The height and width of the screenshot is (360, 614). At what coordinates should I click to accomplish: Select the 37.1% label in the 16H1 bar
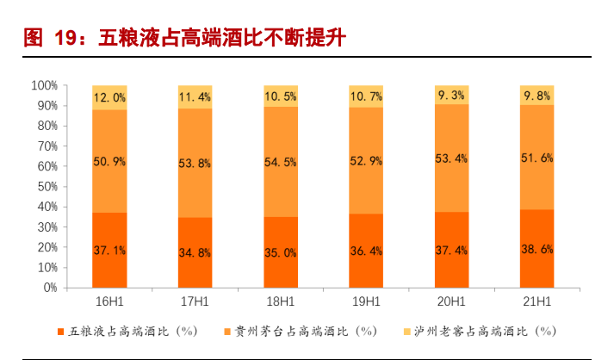click(x=109, y=250)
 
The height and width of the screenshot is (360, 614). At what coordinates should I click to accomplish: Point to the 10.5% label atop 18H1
click(x=282, y=96)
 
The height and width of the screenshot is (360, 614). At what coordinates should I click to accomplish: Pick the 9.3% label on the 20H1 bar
click(x=452, y=96)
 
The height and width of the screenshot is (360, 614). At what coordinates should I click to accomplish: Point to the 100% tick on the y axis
click(x=44, y=85)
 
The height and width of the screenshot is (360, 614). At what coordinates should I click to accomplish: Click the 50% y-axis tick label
click(x=47, y=187)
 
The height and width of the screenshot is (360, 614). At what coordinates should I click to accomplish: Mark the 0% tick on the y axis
click(x=50, y=288)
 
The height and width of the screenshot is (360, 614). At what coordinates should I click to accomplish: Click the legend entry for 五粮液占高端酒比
click(x=130, y=331)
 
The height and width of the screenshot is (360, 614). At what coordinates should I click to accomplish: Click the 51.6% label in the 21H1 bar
click(x=537, y=158)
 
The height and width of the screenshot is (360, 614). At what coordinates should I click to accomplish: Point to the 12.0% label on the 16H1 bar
click(x=109, y=97)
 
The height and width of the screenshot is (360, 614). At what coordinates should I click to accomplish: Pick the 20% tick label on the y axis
click(x=47, y=247)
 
